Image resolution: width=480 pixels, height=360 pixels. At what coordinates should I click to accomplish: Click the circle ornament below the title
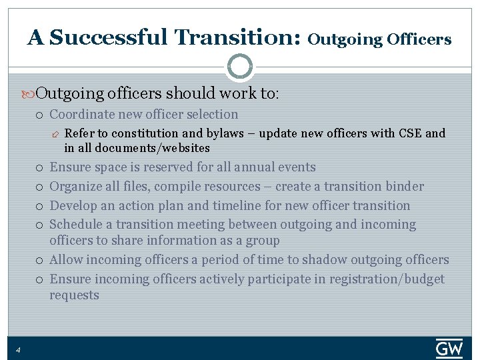(240, 67)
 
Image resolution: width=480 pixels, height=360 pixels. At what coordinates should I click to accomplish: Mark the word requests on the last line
(74, 295)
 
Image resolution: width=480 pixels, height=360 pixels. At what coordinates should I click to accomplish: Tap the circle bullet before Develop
(41, 207)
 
